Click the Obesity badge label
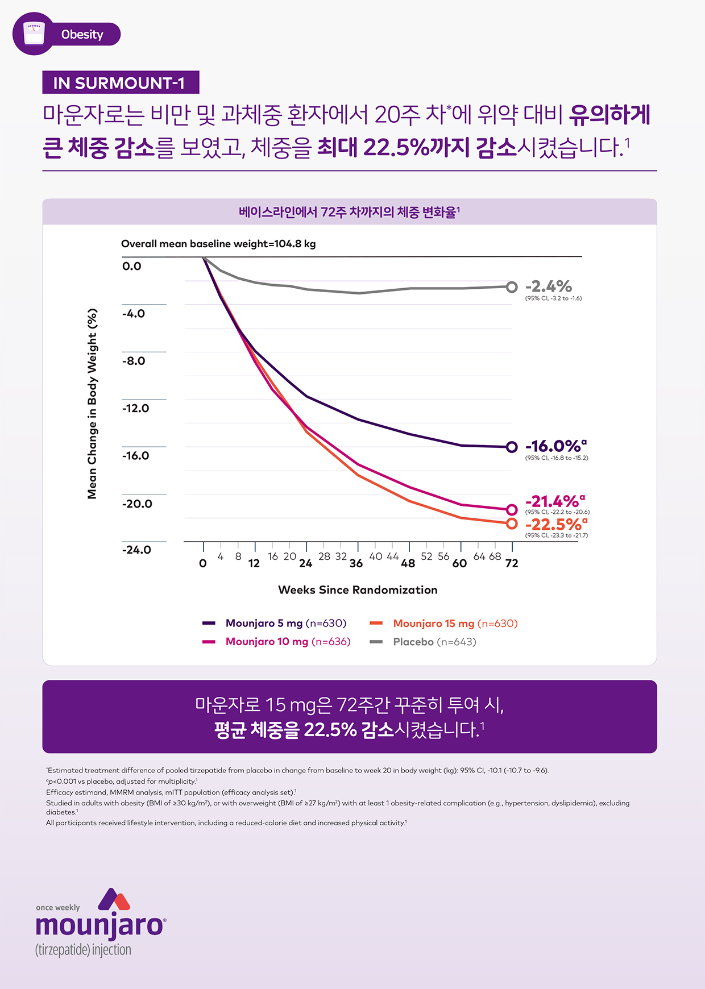[x=82, y=35]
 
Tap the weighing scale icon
[x=34, y=34]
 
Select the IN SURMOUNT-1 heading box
[x=121, y=83]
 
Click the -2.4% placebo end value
[x=549, y=286]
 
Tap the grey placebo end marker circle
[x=512, y=287]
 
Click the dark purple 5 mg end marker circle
[x=512, y=447]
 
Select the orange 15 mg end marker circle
[x=512, y=523]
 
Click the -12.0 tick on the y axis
[x=135, y=408]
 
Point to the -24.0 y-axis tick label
[x=136, y=550]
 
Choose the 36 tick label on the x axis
[x=356, y=563]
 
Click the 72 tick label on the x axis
[x=512, y=563]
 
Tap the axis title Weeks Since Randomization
[x=358, y=590]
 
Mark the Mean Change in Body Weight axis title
[x=92, y=404]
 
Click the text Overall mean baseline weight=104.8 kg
[x=218, y=244]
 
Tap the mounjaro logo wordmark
[x=100, y=925]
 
